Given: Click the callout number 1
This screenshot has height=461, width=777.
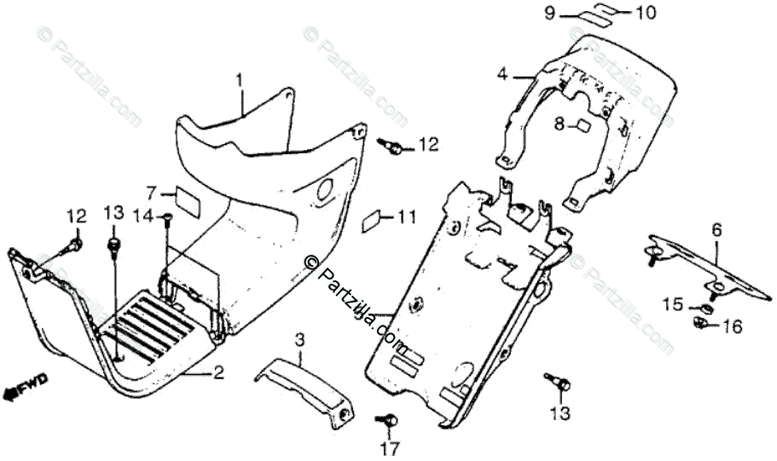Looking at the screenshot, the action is [241, 80].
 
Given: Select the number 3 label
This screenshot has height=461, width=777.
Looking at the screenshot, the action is [299, 342].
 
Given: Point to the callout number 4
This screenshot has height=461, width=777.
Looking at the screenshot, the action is [503, 75].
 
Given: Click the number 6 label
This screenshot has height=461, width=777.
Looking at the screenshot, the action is [716, 229].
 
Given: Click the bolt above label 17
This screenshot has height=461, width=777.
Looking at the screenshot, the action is [388, 420].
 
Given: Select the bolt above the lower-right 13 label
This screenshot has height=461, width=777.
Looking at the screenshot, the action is [559, 383].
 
